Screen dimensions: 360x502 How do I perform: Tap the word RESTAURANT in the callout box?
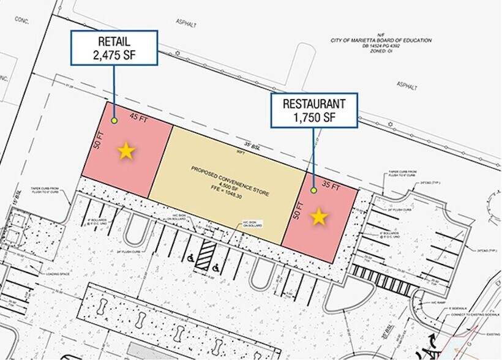[x=314, y=103]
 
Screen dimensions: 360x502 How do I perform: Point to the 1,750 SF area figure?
[x=314, y=117]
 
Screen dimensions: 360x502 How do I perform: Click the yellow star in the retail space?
[x=126, y=151]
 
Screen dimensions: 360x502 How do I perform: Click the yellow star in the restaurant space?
[x=319, y=217]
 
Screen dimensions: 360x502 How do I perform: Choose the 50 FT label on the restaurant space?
[x=298, y=209]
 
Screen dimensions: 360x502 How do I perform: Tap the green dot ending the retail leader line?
[x=114, y=121]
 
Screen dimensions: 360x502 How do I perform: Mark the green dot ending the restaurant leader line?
[x=313, y=190]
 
